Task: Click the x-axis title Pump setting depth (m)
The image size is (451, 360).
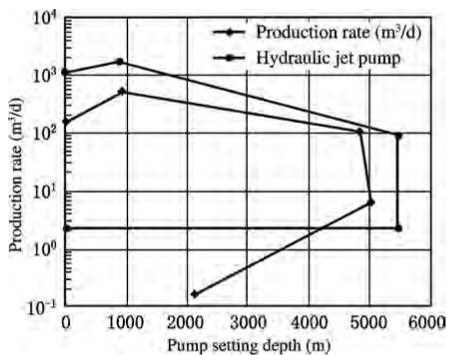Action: pos(247,345)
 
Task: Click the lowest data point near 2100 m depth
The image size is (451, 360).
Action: pos(195,294)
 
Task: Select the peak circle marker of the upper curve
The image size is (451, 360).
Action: pos(120,61)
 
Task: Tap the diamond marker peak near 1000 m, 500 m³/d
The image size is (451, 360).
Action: pos(122,91)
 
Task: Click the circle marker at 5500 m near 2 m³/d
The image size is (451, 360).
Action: pos(398,228)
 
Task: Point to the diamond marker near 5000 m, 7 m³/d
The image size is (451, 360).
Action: pos(371,202)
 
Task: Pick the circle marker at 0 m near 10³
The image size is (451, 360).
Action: pos(65,72)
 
